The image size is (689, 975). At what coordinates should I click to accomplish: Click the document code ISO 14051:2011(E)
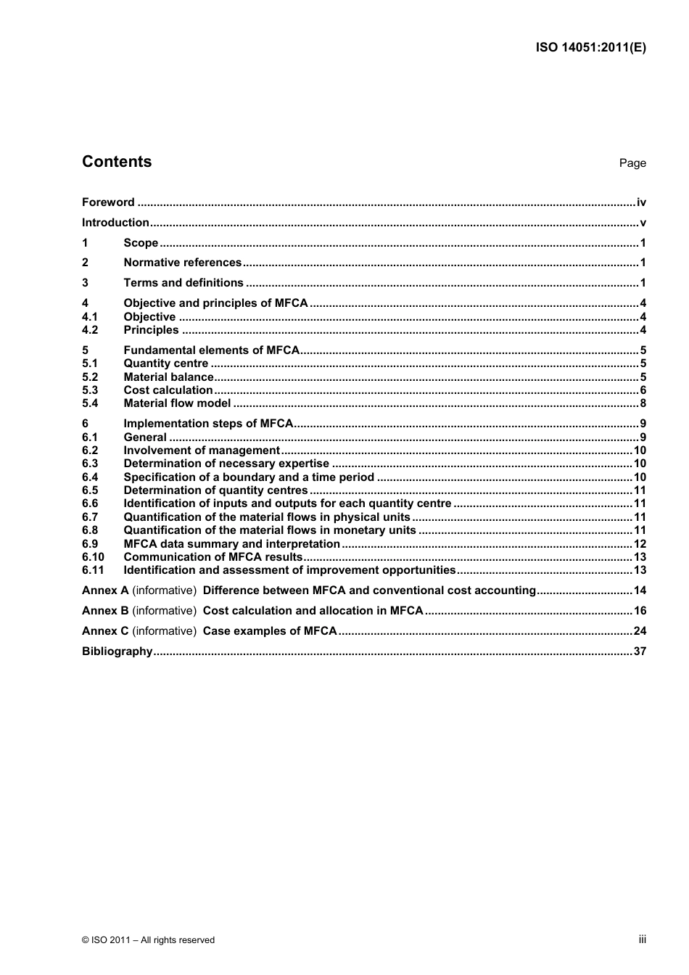point(590,48)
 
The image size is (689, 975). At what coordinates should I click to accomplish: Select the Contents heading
point(117,162)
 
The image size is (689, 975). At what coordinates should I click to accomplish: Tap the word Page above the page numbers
point(632,163)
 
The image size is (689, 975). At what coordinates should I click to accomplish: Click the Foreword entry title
point(108,202)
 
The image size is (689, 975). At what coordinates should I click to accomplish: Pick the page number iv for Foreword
point(641,202)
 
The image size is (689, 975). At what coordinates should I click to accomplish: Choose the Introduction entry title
point(115,223)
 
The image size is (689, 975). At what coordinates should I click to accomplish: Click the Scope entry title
point(141,243)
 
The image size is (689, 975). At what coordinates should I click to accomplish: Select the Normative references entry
point(182,263)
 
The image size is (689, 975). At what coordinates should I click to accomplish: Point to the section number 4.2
point(90,330)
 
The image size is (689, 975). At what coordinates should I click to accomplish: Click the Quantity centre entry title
point(165,363)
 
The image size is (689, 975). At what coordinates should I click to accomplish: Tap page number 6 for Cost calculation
point(643,390)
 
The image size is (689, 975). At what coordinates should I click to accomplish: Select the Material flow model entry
point(177,403)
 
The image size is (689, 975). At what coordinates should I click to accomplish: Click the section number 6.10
point(93,557)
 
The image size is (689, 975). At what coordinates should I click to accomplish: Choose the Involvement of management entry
point(201,451)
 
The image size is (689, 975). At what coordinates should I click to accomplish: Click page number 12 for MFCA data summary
point(640,544)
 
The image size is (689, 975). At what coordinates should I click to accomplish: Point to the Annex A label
point(105,591)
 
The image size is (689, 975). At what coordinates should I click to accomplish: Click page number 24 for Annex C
point(640,631)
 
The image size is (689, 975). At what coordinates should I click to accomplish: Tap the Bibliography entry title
point(117,651)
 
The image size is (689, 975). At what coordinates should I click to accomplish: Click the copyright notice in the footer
point(148,940)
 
